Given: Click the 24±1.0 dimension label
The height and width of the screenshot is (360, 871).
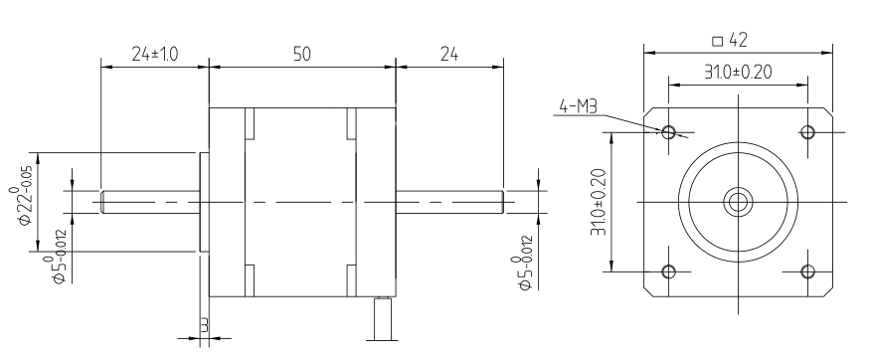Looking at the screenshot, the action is click(154, 54).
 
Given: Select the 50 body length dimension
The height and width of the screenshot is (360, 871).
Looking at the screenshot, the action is click(302, 54).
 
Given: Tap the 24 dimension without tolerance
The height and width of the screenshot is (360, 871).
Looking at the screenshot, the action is click(449, 54).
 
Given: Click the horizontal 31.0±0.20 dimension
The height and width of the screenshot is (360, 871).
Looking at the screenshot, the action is click(738, 73).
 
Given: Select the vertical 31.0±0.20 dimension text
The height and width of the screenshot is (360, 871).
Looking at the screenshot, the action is click(599, 202).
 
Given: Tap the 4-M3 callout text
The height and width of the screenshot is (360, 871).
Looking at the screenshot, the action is click(578, 106).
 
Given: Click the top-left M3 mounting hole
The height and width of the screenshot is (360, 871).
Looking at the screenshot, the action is click(669, 132).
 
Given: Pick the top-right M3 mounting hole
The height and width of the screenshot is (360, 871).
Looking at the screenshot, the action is click(807, 132).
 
